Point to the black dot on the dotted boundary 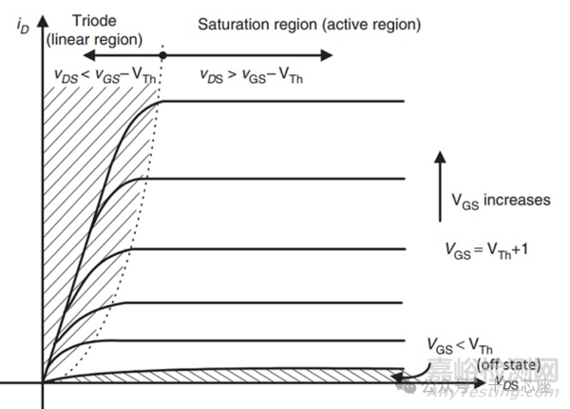tap(162, 56)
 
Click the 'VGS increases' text tap(500, 200)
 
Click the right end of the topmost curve tap(405, 102)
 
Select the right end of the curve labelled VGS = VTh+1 tap(405, 249)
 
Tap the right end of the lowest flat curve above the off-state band tap(405, 340)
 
